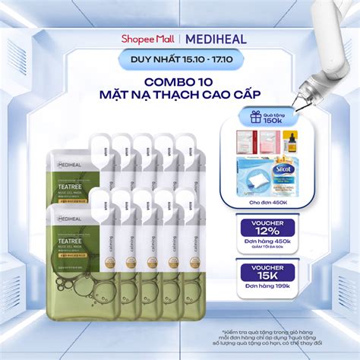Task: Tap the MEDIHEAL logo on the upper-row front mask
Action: tap(71, 162)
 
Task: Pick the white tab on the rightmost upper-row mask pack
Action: tap(184, 143)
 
